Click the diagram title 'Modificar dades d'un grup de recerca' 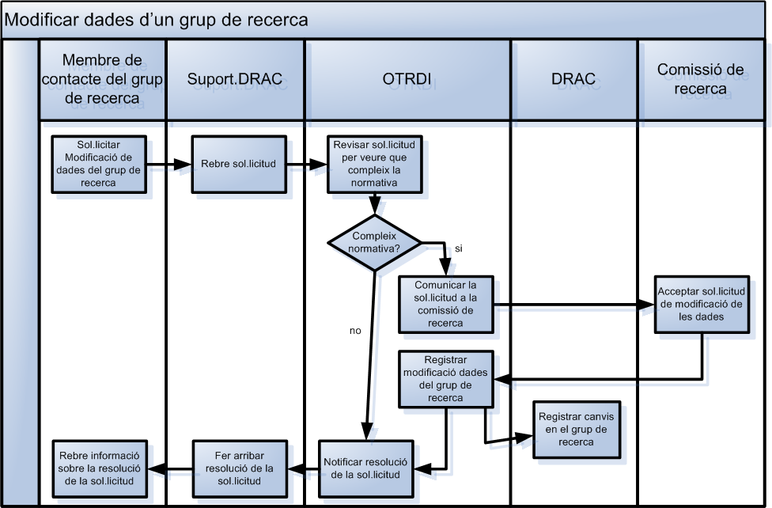pos(157,20)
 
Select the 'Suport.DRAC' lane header pos(235,79)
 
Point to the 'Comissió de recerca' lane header pos(701,79)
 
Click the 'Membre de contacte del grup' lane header pos(102,79)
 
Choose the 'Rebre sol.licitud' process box pos(238,165)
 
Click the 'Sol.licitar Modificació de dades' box pos(99,165)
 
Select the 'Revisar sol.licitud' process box pos(376,165)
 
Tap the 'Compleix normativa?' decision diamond pos(375,241)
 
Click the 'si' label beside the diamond pos(458,248)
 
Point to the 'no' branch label pos(355,331)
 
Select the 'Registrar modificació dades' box pos(445,379)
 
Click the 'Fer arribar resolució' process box pos(240,468)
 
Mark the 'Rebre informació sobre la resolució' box pos(100,468)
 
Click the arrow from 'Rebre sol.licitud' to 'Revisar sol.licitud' pos(306,165)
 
